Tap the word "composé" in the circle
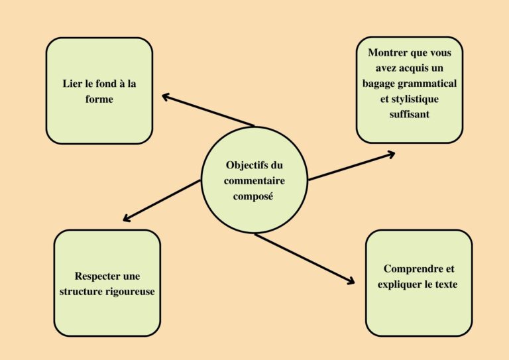pos(254,196)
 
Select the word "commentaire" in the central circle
pos(254,180)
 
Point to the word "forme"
pos(99,99)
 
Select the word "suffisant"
pos(409,114)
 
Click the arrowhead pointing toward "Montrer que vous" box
pos(390,154)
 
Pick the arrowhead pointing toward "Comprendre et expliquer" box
pos(351,282)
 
